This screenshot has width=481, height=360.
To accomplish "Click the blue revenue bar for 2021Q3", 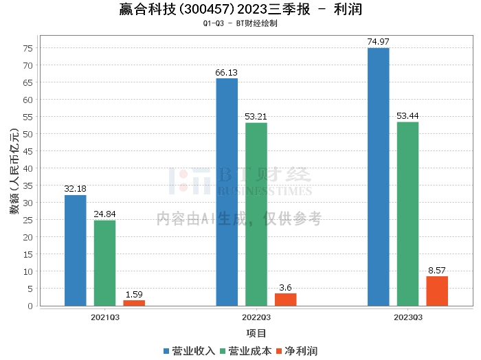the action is [x=75, y=251].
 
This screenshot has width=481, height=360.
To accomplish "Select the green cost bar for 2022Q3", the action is [x=256, y=214].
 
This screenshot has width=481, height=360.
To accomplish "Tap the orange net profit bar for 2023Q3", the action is [x=437, y=291].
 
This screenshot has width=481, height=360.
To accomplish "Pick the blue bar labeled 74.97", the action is [x=378, y=177].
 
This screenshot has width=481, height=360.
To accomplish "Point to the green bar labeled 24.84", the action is [x=104, y=263].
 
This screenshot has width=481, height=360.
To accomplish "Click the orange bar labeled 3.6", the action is [x=286, y=300].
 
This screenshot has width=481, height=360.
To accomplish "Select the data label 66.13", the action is [x=226, y=73].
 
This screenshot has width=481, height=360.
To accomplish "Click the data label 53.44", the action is [x=407, y=116].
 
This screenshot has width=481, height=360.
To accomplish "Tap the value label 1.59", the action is [x=134, y=295].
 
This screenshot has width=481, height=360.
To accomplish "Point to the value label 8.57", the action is [x=437, y=271].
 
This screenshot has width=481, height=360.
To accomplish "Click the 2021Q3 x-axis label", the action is [x=105, y=317].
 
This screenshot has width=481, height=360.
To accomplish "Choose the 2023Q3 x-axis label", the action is [x=408, y=317].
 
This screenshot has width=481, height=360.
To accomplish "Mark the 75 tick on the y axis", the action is [x=28, y=49].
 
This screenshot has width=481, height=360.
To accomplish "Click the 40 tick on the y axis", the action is [x=28, y=168].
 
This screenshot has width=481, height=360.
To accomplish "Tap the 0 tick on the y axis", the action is [x=30, y=306].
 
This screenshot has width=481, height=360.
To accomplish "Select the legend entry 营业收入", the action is [x=189, y=351].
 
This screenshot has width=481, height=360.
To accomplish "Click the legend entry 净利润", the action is [x=297, y=351].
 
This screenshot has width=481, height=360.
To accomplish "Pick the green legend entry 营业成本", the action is [x=246, y=351].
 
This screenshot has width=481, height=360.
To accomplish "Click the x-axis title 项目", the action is [x=256, y=333].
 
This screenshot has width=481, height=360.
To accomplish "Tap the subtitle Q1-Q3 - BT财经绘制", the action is [x=240, y=23].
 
